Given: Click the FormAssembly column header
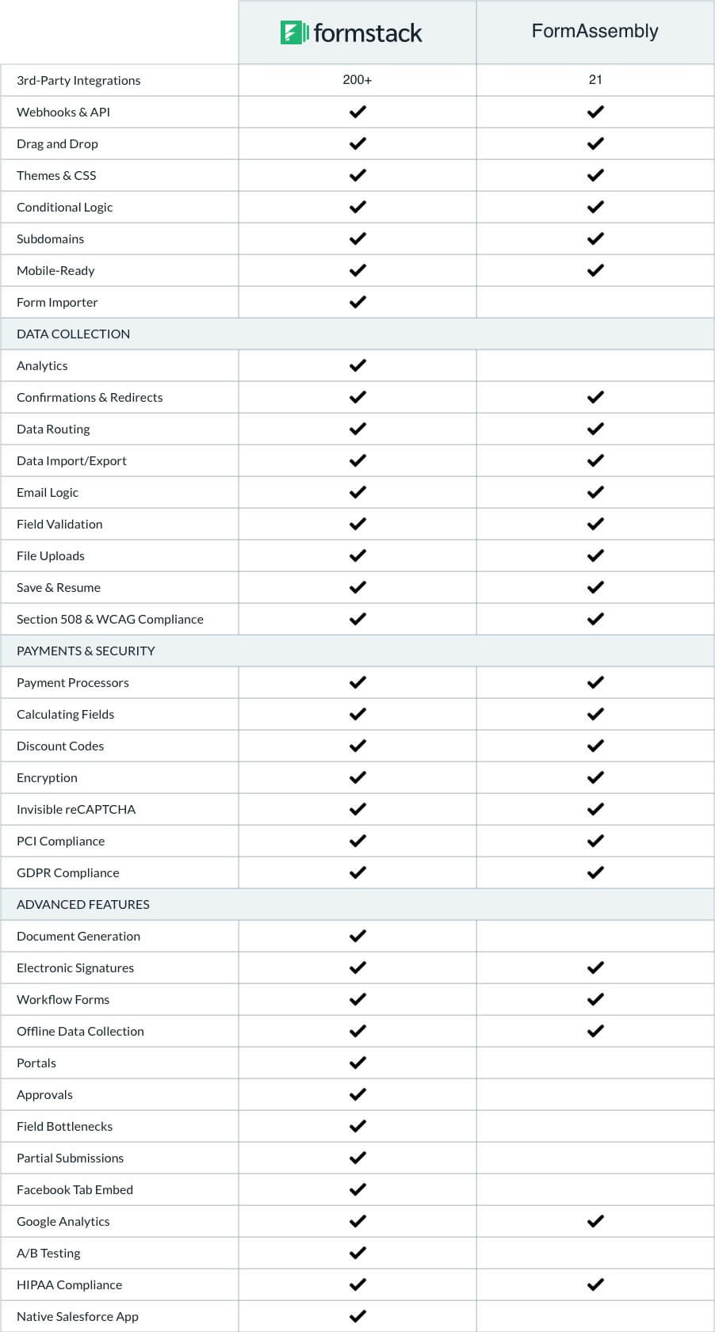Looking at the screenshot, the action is pos(595,31).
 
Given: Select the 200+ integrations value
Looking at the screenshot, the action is pos(357,80).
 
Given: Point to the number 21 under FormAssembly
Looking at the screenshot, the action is pos(595,80).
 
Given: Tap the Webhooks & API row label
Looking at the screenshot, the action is pos(63,112).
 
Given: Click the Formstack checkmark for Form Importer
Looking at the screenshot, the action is pos(357,302).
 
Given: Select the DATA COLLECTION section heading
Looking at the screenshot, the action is pos(73,334).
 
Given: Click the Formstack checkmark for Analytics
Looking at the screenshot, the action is pos(357,365).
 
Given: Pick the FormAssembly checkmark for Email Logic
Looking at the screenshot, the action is pos(595,492).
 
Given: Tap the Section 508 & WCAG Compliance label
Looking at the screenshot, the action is pos(110,619).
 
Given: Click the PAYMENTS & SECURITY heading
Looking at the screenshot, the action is pos(86,651).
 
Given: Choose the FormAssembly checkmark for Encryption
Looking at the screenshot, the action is pos(595,777).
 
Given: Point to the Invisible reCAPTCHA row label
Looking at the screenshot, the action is pos(76,809).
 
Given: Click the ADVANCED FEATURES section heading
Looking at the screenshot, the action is pos(83,904).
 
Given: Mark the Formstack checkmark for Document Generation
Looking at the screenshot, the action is pos(357,936).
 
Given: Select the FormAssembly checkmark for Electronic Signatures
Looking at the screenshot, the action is pos(595,968).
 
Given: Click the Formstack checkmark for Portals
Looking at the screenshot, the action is pos(357,1063).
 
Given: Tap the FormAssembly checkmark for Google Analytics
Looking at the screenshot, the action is pos(595,1221).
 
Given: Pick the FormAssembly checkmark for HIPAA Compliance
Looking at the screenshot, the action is pos(595,1284).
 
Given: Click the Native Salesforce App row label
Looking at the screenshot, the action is pos(78,1316).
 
